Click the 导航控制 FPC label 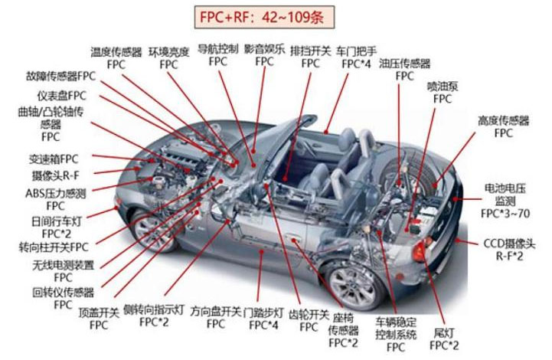click(x=218, y=54)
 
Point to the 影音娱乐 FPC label click(x=264, y=54)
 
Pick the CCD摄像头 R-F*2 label click(x=514, y=250)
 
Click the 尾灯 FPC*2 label click(x=444, y=340)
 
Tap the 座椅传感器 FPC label click(x=344, y=330)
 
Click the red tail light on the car click(x=420, y=250)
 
